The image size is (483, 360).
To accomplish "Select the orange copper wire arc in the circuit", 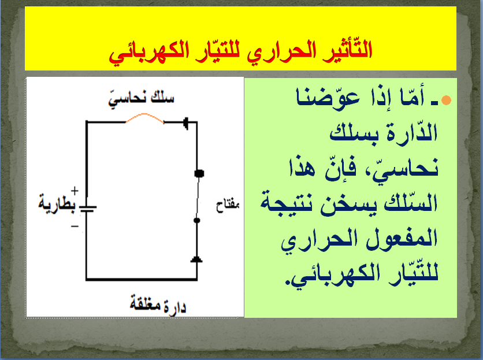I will (144, 118).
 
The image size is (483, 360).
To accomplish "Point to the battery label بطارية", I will (57, 205).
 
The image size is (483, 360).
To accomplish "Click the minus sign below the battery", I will (75, 227).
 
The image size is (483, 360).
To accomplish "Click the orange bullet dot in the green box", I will (446, 101).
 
